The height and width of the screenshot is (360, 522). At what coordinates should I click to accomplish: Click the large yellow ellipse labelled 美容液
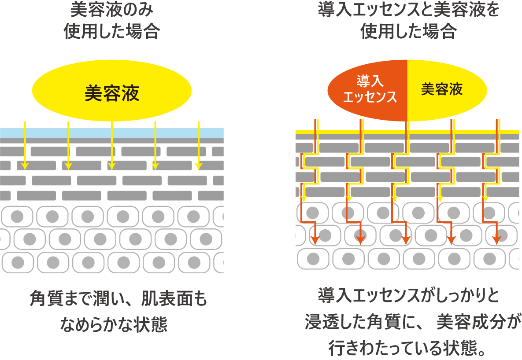tap(112, 92)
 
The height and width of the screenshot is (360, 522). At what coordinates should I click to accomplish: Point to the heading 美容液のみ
tap(112, 10)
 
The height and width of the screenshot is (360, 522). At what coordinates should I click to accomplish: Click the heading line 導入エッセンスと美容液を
tap(408, 10)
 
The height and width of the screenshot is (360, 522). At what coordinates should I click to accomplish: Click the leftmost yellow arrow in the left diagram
tap(25, 145)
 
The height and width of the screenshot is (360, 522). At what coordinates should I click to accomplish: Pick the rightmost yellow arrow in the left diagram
tap(199, 145)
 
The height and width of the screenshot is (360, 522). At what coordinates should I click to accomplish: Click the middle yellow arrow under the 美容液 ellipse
tap(112, 145)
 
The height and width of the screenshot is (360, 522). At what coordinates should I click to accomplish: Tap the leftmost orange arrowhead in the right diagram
tap(315, 239)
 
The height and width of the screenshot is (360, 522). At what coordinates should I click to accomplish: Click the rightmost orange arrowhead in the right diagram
tap(496, 239)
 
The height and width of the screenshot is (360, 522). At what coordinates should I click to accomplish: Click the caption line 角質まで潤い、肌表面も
tap(118, 300)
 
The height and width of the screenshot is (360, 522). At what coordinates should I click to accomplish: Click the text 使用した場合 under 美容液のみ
tap(112, 32)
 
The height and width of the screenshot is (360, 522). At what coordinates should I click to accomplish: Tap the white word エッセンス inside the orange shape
tap(370, 97)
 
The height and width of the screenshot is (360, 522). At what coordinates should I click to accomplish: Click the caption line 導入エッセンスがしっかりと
tap(408, 296)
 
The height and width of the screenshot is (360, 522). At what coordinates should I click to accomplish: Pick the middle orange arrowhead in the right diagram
tap(406, 239)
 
